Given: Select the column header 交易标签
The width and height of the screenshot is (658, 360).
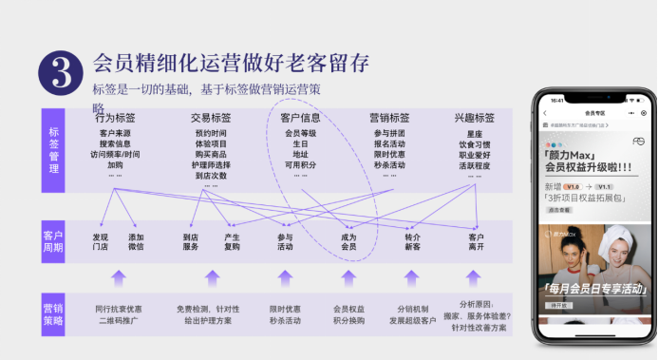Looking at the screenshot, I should (211, 118).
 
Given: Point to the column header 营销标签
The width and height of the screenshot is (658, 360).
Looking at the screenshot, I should (389, 118).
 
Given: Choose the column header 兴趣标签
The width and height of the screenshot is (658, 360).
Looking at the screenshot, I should (475, 118).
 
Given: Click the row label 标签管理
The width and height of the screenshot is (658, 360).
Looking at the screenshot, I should (53, 150).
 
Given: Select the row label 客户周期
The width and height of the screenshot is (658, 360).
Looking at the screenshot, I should (53, 241).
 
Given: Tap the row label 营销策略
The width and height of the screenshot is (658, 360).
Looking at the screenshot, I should (53, 314).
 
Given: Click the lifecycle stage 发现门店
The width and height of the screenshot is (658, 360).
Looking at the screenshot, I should (100, 241).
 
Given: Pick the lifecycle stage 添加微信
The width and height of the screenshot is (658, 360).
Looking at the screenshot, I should (136, 241).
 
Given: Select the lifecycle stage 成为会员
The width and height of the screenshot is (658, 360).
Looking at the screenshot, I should (348, 241).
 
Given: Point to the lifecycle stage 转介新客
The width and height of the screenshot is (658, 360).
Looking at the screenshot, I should (412, 241).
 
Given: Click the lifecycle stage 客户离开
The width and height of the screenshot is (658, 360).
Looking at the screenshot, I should (476, 241).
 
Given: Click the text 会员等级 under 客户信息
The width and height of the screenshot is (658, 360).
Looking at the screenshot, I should (300, 133).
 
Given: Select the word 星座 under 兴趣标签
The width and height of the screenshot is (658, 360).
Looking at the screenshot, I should (475, 133).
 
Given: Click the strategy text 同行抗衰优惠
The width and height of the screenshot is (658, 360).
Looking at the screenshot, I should (119, 309).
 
